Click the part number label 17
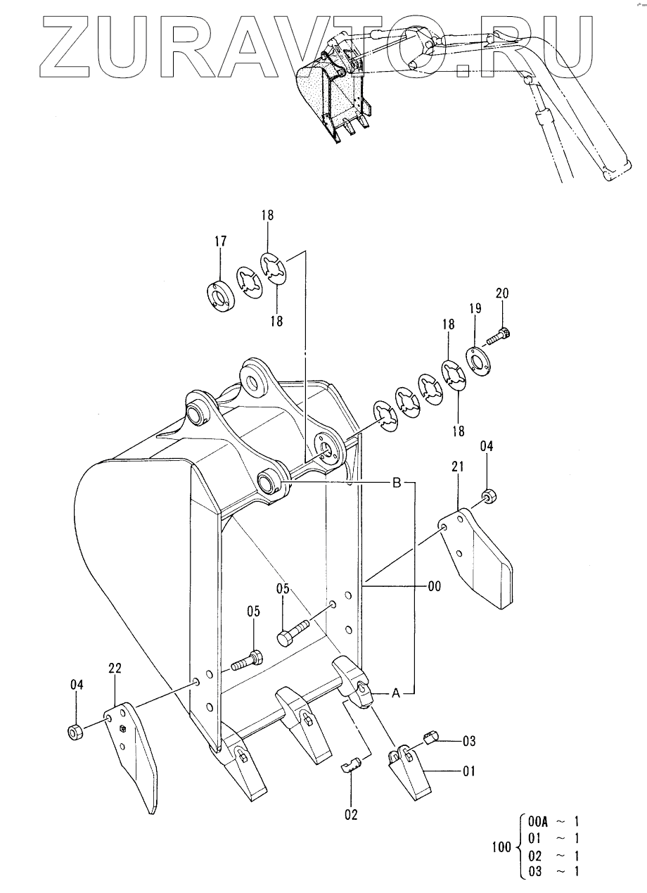coord(220,241)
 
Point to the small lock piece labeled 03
coord(431,737)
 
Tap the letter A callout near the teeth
coord(395,694)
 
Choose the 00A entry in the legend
coord(538,821)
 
